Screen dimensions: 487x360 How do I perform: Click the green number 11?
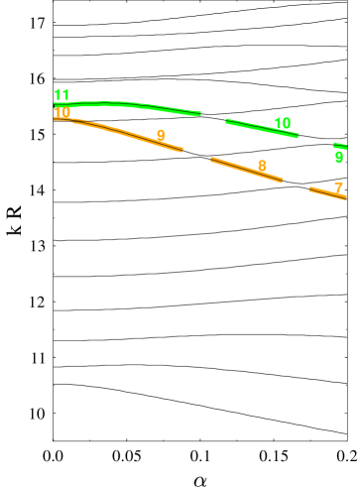click(61, 95)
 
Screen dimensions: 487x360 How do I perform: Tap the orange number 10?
click(62, 113)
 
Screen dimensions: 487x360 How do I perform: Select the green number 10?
click(283, 123)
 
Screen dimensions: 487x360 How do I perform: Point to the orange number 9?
click(161, 135)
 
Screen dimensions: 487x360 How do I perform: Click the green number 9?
click(339, 157)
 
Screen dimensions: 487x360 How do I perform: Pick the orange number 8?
click(262, 166)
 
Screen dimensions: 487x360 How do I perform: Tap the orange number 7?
click(338, 187)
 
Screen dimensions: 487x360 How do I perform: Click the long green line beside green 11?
click(129, 104)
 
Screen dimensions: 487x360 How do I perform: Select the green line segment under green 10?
click(262, 128)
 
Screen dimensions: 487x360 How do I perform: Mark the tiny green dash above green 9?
click(340, 146)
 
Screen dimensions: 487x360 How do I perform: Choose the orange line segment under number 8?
click(246, 170)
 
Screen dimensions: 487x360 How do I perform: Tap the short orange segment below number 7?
click(327, 193)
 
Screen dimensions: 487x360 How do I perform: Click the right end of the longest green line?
click(200, 114)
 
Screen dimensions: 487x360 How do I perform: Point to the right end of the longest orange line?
click(182, 151)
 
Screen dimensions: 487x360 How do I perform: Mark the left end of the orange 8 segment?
click(211, 159)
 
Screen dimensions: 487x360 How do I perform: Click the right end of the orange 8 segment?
click(283, 181)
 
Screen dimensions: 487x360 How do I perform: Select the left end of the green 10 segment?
click(226, 121)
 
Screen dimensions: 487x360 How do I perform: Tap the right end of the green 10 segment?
click(298, 136)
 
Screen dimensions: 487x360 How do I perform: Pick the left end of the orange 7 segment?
click(310, 188)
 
